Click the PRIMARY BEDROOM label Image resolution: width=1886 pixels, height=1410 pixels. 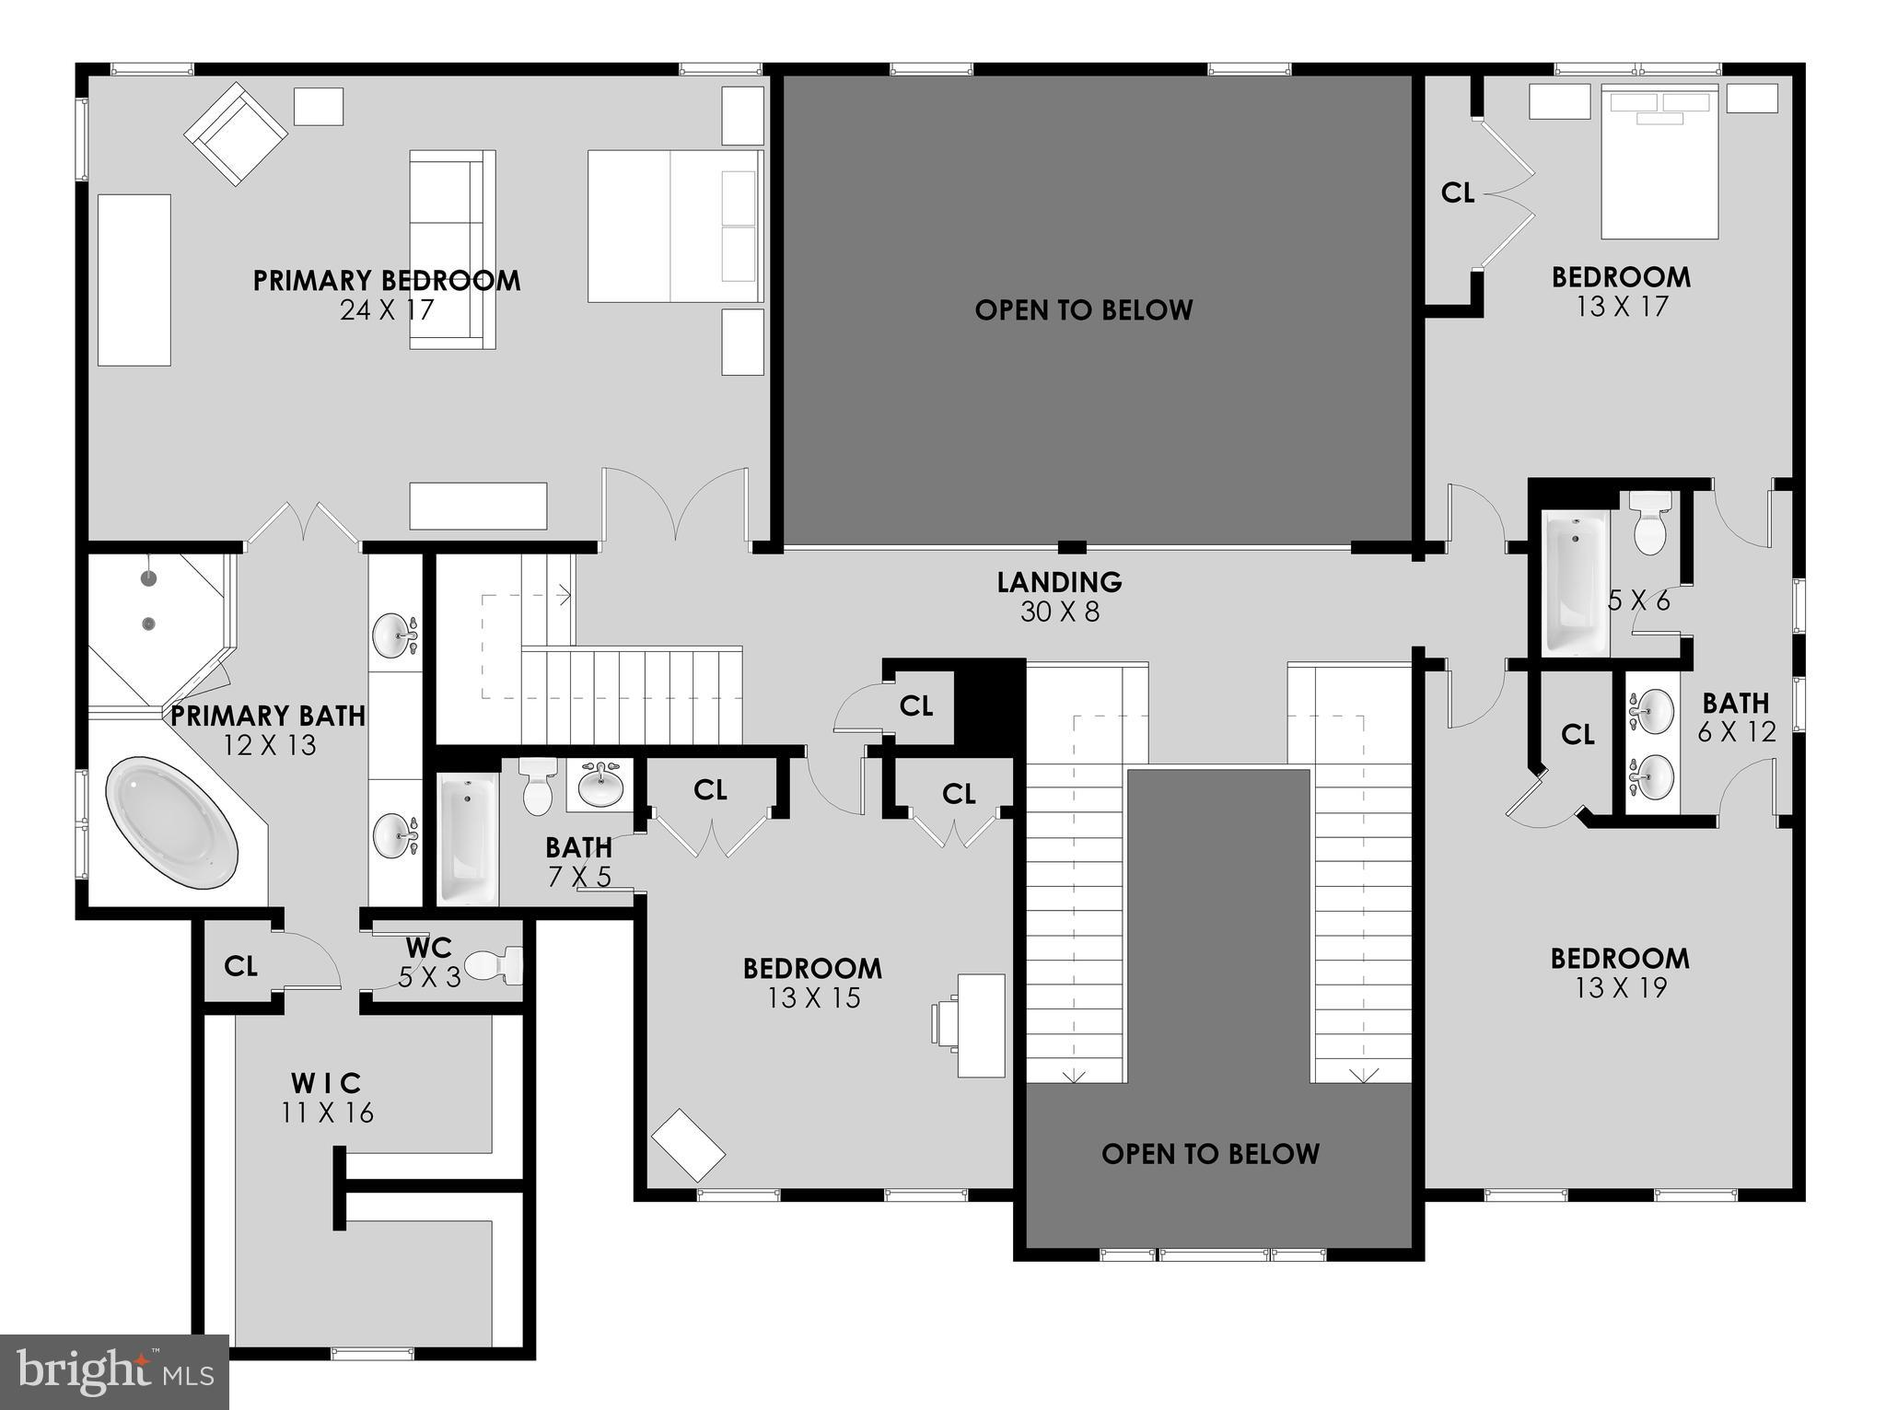[387, 281]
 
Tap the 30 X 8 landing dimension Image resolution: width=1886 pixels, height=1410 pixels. [1060, 612]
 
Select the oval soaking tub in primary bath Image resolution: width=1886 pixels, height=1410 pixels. [172, 823]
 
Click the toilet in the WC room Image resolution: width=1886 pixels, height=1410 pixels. [495, 966]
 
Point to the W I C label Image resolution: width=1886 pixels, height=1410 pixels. [327, 1083]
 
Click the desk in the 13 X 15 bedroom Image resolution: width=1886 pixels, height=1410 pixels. [980, 1024]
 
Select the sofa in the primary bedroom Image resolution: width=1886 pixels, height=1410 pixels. [451, 250]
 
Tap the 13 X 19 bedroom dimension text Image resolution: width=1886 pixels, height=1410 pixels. [1621, 988]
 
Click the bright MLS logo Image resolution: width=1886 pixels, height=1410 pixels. [114, 1371]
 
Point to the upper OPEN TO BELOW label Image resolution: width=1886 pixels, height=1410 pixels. [1084, 310]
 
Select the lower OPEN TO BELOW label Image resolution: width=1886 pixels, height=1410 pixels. [1210, 1154]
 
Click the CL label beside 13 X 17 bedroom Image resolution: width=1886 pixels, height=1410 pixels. [1458, 193]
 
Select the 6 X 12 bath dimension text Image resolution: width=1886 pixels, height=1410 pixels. [1736, 732]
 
